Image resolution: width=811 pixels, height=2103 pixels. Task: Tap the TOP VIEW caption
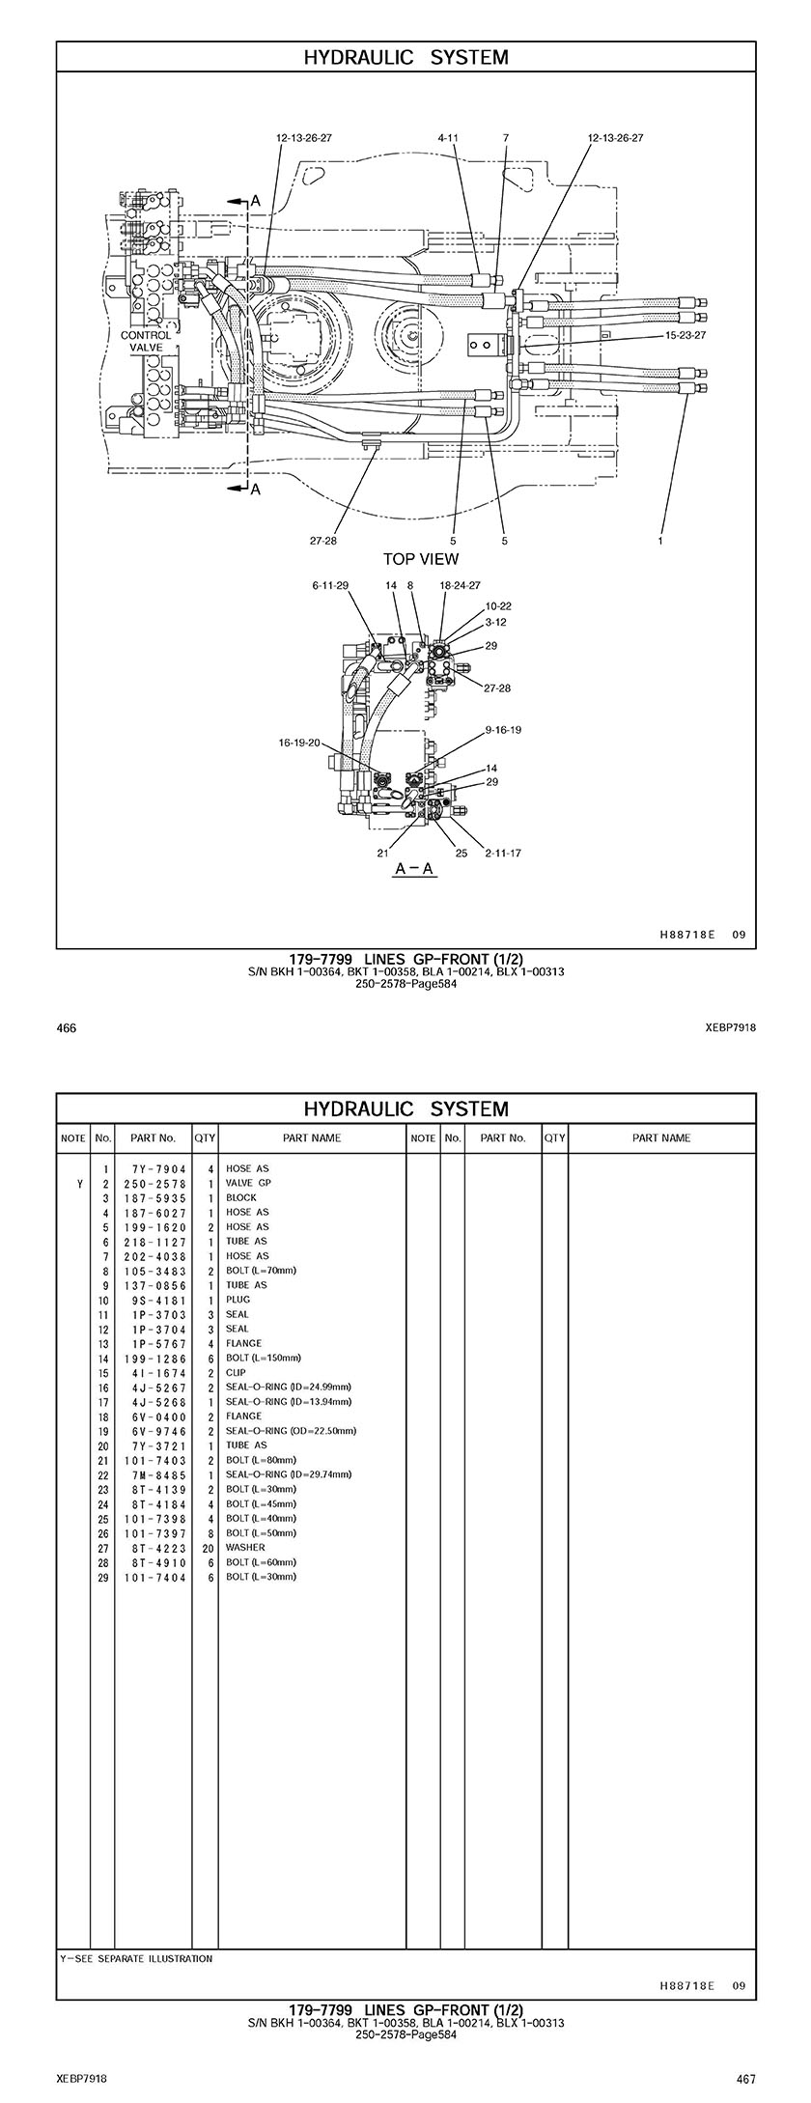tap(421, 559)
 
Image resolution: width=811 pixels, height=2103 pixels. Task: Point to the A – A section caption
tap(415, 869)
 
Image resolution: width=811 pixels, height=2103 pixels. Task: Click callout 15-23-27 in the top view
tap(685, 336)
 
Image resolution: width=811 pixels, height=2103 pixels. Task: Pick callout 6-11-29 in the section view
tap(330, 585)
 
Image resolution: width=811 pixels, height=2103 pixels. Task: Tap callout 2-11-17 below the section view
tap(502, 853)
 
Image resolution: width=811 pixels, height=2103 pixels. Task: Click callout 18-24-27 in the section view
tap(460, 585)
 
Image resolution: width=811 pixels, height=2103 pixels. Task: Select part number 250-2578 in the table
tap(154, 1183)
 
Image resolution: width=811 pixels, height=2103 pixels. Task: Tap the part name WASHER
tap(245, 1547)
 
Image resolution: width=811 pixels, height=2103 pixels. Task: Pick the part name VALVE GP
tap(248, 1183)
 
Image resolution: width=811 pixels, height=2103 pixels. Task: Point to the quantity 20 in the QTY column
tap(208, 1547)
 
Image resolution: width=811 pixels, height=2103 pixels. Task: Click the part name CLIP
tap(236, 1372)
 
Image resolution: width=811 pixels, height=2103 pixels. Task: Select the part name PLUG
tap(238, 1299)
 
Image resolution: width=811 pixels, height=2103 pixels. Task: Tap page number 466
tap(67, 1028)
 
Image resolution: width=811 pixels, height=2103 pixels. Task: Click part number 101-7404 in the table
tap(154, 1577)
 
